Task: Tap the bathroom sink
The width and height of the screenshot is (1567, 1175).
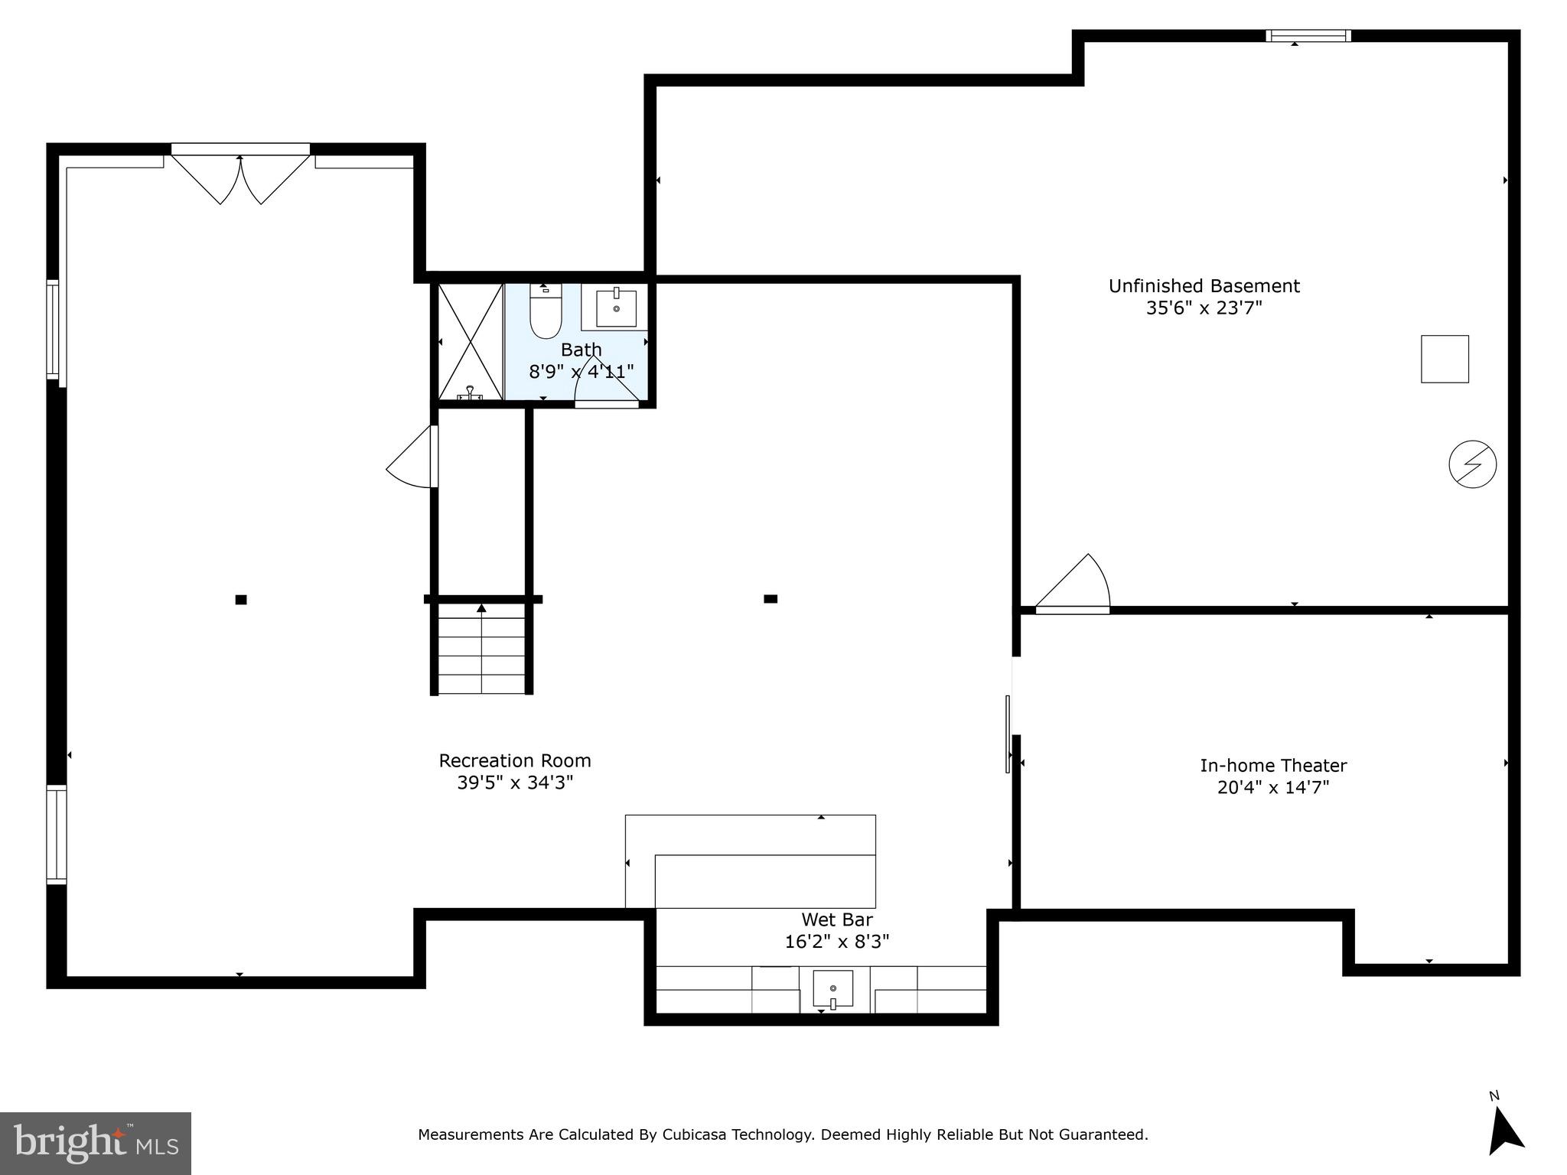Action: [616, 308]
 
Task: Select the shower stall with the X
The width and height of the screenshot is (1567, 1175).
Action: [470, 341]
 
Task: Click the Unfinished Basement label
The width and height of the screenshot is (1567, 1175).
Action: [1204, 286]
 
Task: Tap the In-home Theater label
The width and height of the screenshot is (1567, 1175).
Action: [1273, 765]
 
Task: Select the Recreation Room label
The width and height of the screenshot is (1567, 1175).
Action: [514, 760]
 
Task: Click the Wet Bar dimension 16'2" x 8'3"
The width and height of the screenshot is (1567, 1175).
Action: [837, 942]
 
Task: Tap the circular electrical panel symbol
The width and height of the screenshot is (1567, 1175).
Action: [1472, 464]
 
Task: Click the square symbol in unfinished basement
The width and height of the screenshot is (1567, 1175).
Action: [1445, 359]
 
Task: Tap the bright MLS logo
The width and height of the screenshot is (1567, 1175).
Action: [96, 1144]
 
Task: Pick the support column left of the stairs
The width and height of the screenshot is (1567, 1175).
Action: [241, 600]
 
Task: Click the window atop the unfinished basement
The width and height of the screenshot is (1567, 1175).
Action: [1308, 35]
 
